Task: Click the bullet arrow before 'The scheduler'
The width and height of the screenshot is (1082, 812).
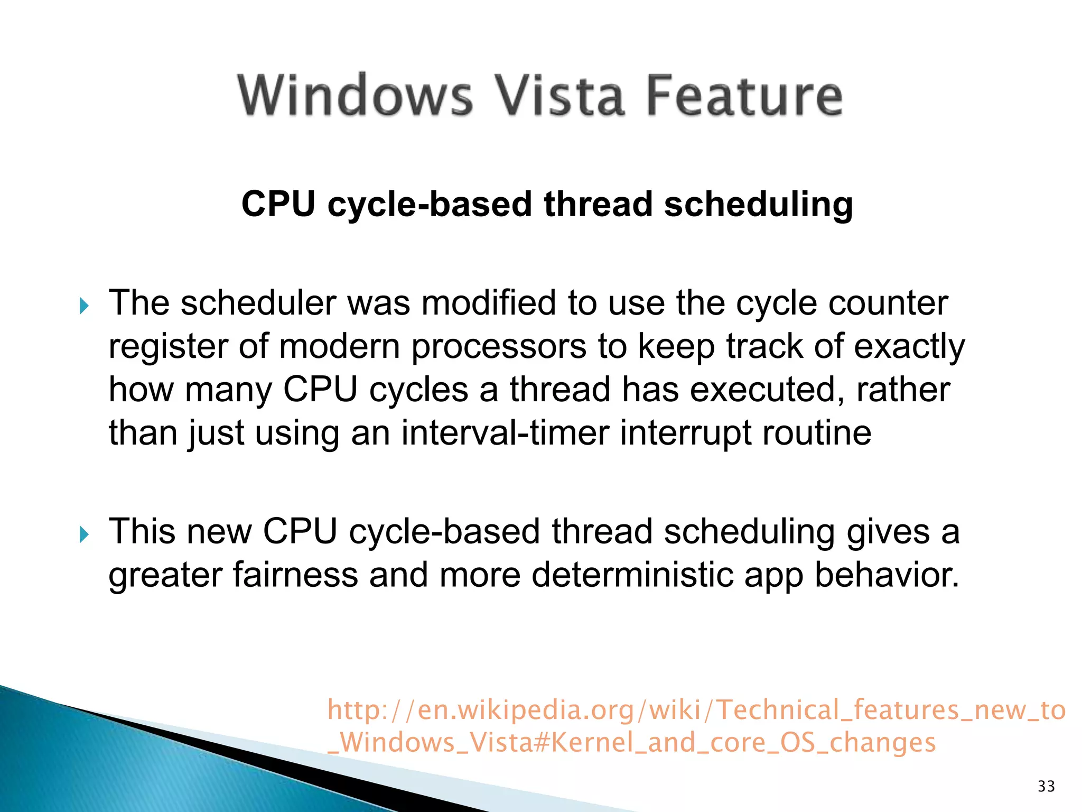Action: point(84,306)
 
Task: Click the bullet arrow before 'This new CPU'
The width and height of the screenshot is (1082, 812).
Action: point(84,534)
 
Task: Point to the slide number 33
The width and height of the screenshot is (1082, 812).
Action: point(1046,786)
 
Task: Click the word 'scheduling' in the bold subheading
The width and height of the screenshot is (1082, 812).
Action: point(758,205)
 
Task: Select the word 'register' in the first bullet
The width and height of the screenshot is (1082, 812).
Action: point(168,348)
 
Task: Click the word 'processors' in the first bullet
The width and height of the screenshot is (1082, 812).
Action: point(499,348)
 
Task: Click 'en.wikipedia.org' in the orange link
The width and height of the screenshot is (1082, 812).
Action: point(526,710)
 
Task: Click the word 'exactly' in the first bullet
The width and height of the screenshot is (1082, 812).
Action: point(909,348)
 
